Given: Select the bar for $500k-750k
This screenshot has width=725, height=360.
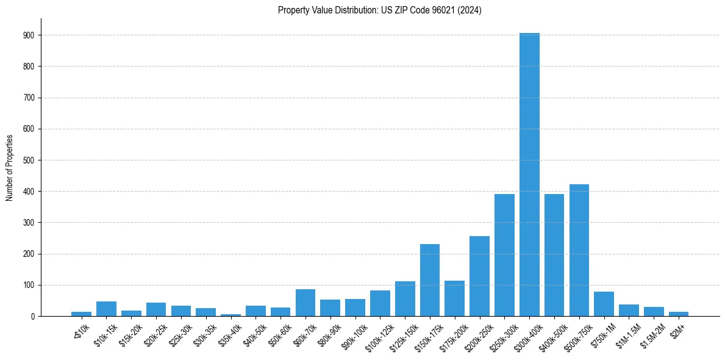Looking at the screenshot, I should tap(579, 250).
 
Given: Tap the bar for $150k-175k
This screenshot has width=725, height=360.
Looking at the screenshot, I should tap(430, 280).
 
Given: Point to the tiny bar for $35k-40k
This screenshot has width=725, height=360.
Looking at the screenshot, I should tap(230, 315).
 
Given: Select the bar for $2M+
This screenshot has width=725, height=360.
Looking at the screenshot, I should tap(679, 314).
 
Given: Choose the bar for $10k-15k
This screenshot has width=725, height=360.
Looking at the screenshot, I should tap(106, 309).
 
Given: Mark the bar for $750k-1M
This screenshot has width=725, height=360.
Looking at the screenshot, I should tap(604, 304).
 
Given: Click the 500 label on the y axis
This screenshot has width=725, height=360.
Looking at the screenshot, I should tap(32, 160).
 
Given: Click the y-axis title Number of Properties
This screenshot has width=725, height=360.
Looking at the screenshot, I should tap(9, 167).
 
